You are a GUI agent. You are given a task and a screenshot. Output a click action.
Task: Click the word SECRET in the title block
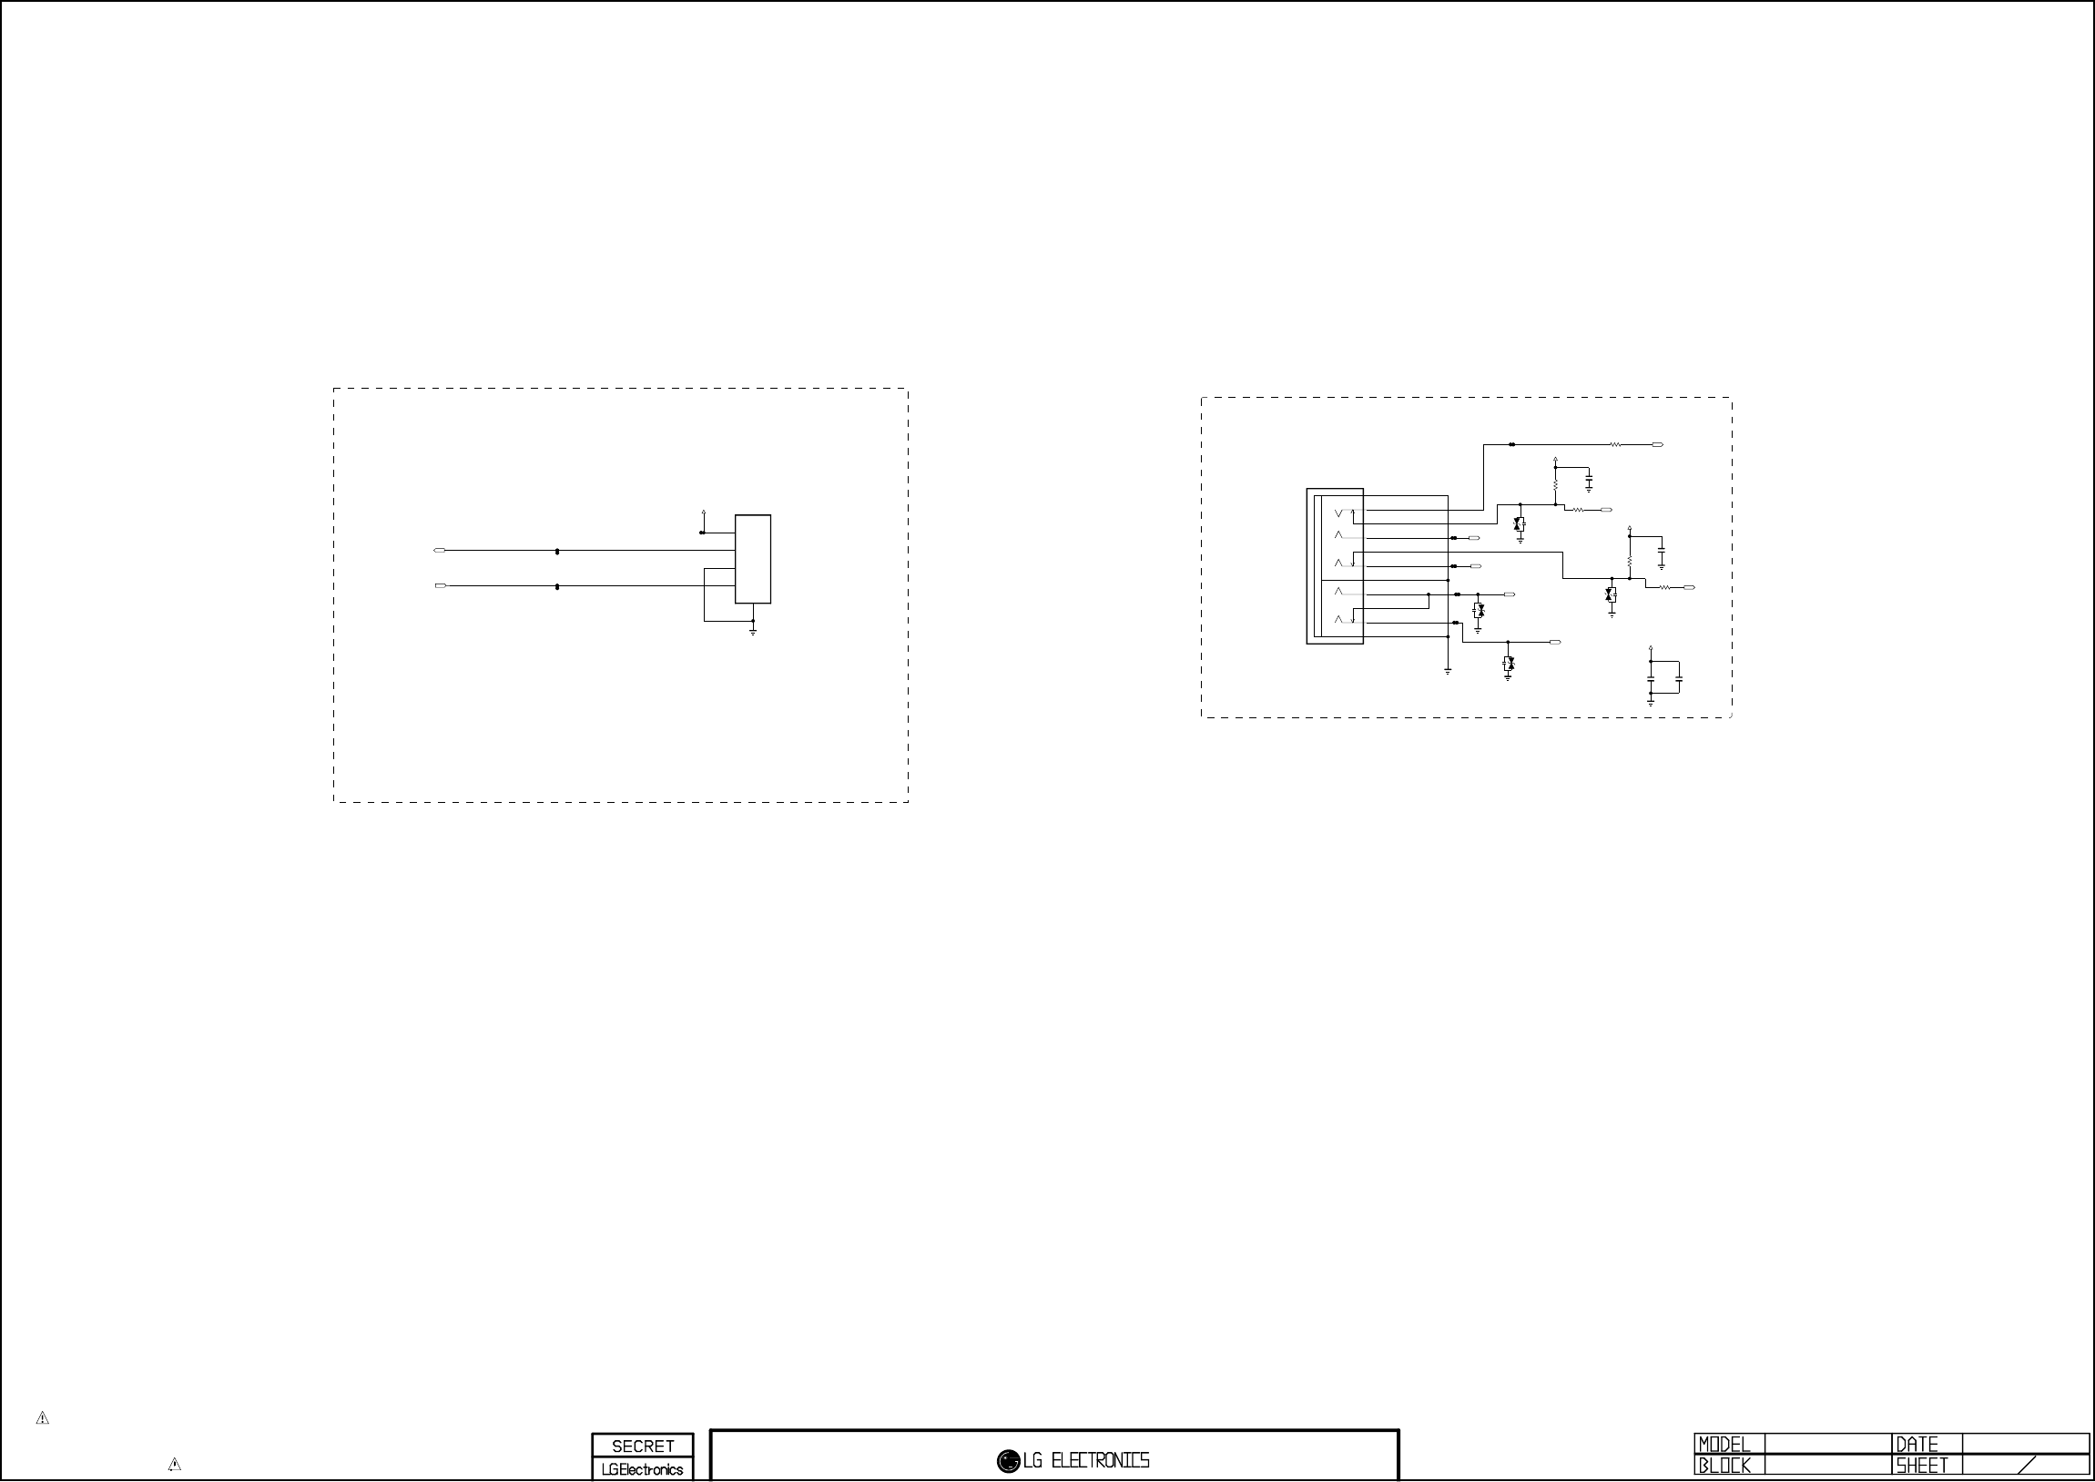[643, 1446]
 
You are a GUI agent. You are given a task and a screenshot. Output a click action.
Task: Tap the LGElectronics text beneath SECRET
[643, 1469]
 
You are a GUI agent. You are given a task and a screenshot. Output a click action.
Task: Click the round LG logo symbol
[1008, 1461]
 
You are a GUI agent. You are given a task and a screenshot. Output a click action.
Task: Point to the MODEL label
[1724, 1445]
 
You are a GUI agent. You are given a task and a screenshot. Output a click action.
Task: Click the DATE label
[1917, 1445]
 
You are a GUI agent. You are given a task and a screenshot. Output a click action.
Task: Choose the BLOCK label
[1724, 1466]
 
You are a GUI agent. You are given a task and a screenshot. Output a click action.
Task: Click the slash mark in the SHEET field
[2028, 1466]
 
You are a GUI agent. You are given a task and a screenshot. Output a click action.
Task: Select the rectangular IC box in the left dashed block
[753, 559]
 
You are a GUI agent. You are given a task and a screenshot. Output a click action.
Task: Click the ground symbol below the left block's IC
[753, 631]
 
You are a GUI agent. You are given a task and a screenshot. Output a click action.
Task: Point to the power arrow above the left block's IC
[703, 513]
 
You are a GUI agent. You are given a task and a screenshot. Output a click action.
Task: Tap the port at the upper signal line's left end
[439, 550]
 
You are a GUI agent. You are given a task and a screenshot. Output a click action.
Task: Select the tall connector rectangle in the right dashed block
[1334, 566]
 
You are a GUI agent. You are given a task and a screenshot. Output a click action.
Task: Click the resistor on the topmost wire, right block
[1615, 444]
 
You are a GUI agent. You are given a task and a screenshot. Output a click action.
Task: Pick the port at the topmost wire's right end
[1657, 444]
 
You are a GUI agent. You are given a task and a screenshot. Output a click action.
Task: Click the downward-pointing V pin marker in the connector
[1338, 513]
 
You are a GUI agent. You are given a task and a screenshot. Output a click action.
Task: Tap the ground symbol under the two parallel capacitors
[1651, 702]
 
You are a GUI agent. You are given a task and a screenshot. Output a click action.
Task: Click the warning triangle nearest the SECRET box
[174, 1465]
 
